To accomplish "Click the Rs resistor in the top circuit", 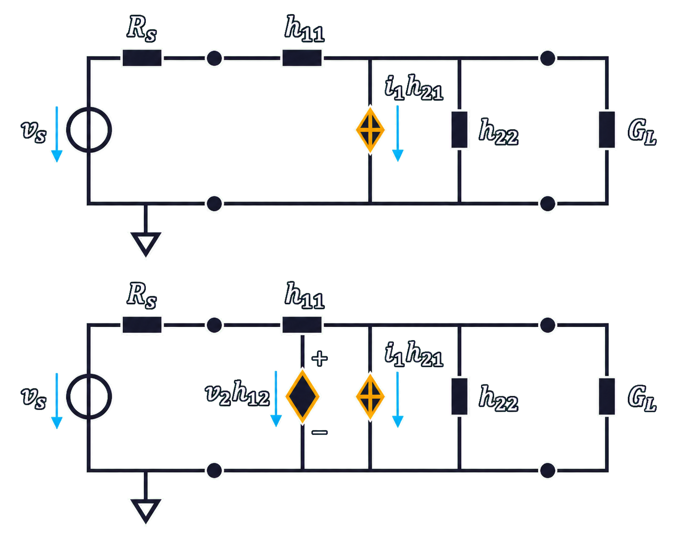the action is tap(142, 58).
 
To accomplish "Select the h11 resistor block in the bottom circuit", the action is tap(302, 324).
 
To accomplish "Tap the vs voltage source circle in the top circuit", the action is tap(89, 130).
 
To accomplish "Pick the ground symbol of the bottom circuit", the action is tap(146, 511).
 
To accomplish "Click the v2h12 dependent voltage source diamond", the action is tap(302, 396).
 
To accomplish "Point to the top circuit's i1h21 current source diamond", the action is tap(370, 130).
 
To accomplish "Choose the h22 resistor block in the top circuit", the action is tap(459, 130).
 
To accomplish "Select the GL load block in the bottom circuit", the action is tap(607, 396).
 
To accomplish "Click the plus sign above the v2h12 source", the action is tap(320, 358).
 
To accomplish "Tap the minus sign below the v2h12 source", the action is tap(320, 433).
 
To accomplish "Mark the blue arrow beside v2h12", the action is tap(276, 398).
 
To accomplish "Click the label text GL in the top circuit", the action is tap(641, 132).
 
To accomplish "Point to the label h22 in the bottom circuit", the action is tap(499, 398).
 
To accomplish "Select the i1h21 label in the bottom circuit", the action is tap(414, 354).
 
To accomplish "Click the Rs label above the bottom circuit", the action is tap(141, 296).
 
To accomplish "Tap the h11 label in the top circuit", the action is tap(304, 29).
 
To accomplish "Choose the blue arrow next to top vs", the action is tap(57, 134).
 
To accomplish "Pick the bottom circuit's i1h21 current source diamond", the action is tap(370, 396).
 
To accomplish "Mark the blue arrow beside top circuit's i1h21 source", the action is tap(397, 133).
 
